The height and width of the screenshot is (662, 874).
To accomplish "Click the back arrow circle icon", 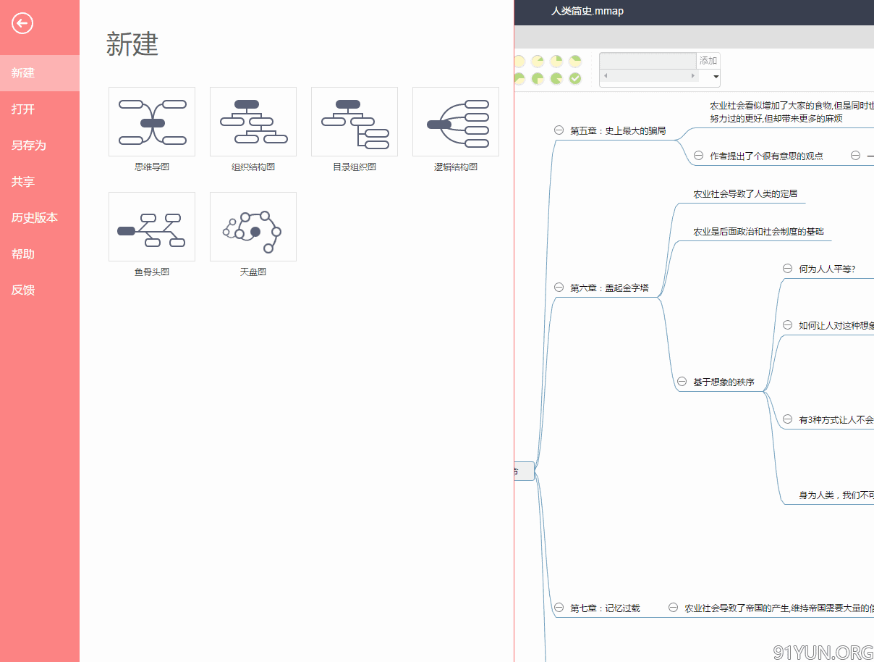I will click(x=22, y=24).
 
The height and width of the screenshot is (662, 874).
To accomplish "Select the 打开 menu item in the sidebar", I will click(x=23, y=109).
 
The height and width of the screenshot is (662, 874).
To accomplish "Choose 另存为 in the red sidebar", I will click(x=29, y=146).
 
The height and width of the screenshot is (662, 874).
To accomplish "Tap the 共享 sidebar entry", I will click(x=23, y=182).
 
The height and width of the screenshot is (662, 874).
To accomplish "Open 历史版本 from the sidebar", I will click(x=35, y=218).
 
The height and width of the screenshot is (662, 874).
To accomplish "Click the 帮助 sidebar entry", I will click(x=23, y=254).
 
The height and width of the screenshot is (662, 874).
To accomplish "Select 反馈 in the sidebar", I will click(x=23, y=290).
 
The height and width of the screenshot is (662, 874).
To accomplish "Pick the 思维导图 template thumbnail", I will click(x=152, y=122).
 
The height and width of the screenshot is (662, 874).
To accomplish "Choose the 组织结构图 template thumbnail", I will click(x=253, y=122).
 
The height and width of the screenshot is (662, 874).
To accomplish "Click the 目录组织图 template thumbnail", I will click(x=355, y=122).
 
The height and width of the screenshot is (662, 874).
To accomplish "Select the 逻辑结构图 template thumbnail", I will click(x=456, y=122).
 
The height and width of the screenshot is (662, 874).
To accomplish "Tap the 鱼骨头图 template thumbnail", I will click(x=152, y=227).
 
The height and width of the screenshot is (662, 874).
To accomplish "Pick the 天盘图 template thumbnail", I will click(x=253, y=227).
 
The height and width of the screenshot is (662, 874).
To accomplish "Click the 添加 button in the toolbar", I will click(x=708, y=61).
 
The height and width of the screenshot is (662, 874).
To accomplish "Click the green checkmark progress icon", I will click(x=575, y=78).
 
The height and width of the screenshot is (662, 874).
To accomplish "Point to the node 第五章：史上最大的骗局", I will click(x=618, y=131).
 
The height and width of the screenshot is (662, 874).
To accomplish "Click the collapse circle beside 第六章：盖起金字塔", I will click(x=559, y=288).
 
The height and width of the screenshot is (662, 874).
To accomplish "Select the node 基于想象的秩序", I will click(x=724, y=382).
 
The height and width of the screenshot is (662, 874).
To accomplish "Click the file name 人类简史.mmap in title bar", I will click(x=587, y=11).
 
